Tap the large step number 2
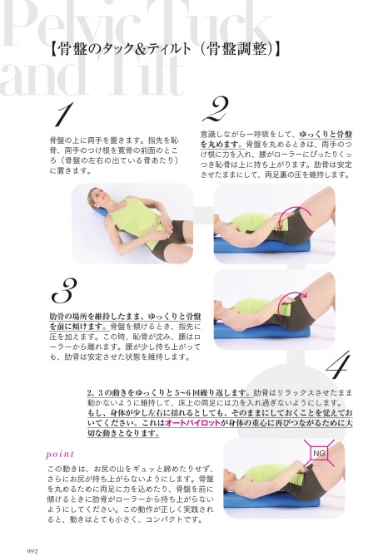click(x=216, y=109)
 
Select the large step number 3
click(x=64, y=291)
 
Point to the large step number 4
click(x=337, y=365)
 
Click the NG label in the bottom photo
click(x=319, y=454)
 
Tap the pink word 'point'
click(x=60, y=455)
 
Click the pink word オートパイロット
click(x=192, y=423)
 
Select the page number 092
click(x=32, y=551)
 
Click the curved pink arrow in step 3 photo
click(x=291, y=298)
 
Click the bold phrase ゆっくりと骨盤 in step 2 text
click(x=326, y=135)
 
